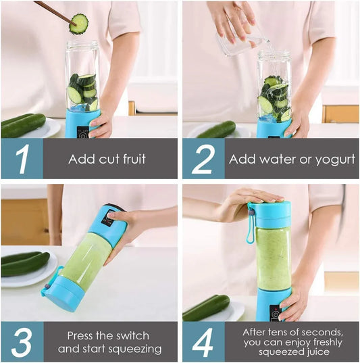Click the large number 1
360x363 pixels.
tap(22, 160)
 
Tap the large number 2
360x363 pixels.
tap(203, 160)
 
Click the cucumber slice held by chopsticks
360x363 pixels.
tap(79, 24)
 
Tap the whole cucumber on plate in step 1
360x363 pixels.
tap(23, 125)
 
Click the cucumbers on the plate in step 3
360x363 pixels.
tap(25, 263)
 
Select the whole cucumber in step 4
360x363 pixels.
tap(206, 308)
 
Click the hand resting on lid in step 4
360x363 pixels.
tap(247, 199)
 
